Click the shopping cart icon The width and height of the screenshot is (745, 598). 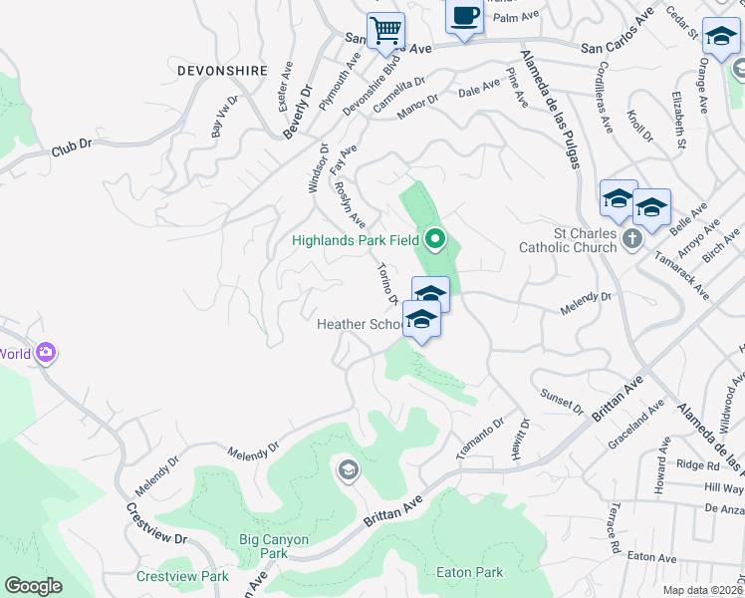(x=385, y=28)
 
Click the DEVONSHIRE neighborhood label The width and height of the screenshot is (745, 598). (x=222, y=71)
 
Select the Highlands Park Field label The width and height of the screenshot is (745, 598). (x=355, y=239)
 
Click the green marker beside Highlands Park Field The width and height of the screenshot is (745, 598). (x=434, y=238)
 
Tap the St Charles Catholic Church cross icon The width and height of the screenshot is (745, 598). (x=631, y=238)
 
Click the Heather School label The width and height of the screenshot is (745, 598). (x=360, y=325)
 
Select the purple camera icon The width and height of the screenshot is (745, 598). (x=45, y=353)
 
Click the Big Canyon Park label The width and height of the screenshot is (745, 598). (x=274, y=546)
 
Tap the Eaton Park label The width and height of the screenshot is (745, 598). (x=470, y=572)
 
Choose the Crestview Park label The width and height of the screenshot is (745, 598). (x=182, y=576)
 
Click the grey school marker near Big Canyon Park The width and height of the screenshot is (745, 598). (x=348, y=469)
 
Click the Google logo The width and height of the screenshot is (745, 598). (x=33, y=585)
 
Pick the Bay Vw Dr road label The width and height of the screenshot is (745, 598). (x=224, y=116)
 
